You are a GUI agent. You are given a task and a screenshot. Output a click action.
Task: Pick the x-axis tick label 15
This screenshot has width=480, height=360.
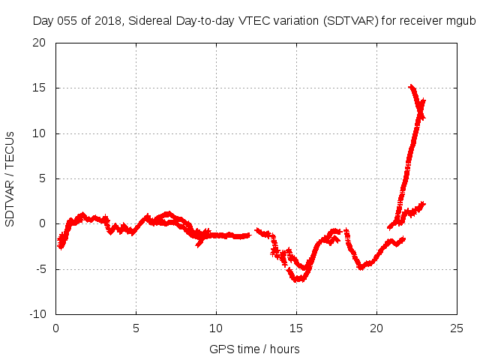pos(296,328)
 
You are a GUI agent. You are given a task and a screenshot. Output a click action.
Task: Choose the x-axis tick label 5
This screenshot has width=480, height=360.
pos(136,328)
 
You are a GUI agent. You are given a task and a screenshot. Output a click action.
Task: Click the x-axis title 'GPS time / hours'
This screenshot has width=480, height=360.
pos(256,349)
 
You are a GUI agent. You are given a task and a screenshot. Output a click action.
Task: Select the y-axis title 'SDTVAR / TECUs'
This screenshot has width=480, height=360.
pos(10,178)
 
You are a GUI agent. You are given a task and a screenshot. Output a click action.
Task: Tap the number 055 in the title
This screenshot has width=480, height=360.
pos(67,20)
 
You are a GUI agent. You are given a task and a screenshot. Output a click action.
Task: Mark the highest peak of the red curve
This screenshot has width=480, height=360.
pos(411,87)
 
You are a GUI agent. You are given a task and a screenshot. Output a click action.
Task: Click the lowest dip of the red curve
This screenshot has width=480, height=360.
pos(298,280)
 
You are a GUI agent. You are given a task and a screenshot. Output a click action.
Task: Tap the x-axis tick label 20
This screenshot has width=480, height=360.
pos(376,328)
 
